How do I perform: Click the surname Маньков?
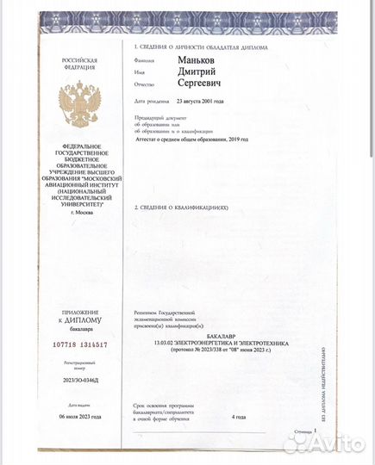point(200,61)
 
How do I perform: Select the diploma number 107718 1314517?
point(78,344)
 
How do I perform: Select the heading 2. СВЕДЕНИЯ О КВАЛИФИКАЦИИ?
point(183,208)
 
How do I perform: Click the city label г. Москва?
point(79,211)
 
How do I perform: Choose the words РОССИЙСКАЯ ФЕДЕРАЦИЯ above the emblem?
point(79,65)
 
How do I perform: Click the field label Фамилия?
point(144,61)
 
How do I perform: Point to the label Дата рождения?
point(150,102)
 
